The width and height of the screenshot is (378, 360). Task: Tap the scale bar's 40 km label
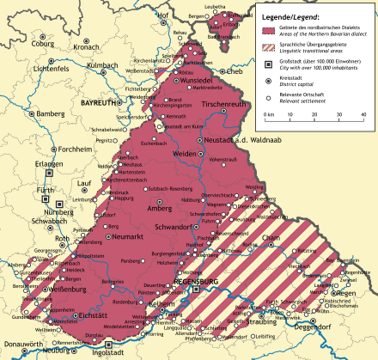click(x=363, y=113)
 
